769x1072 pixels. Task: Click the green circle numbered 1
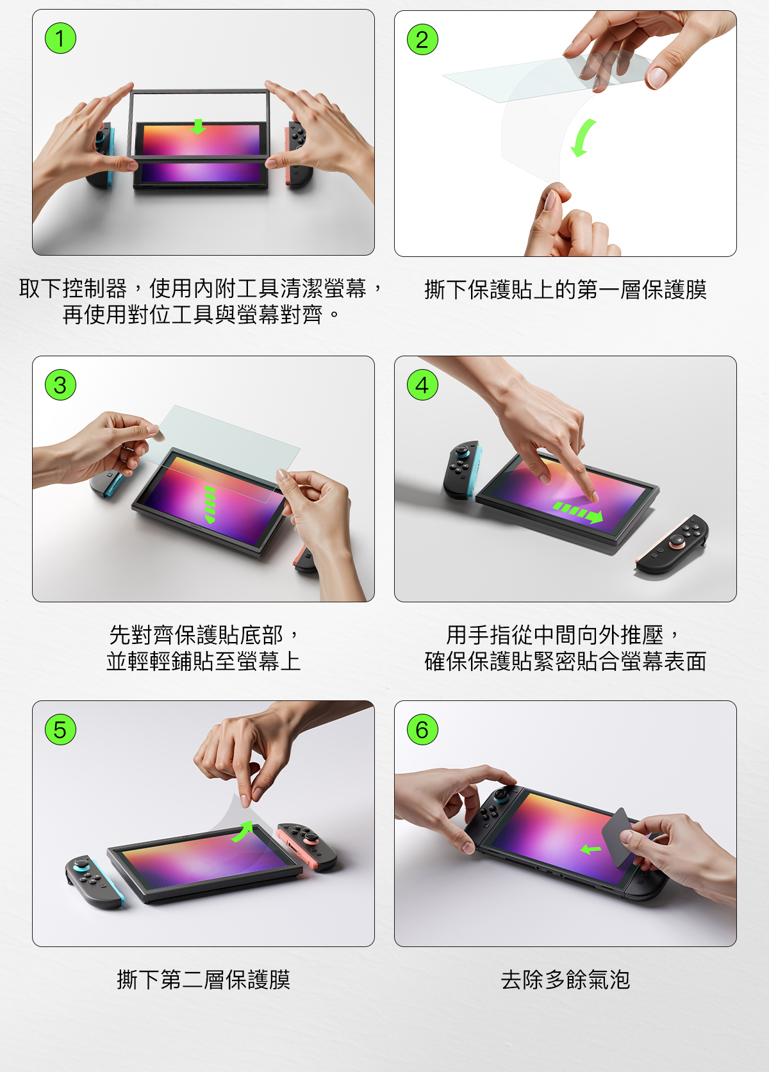coord(60,38)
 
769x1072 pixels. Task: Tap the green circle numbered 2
coord(422,39)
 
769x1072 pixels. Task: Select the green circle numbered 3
coord(60,384)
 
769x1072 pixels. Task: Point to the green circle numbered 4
coord(422,384)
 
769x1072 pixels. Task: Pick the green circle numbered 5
coord(60,730)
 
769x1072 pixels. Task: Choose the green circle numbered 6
coord(422,730)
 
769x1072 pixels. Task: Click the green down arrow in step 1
coord(197,127)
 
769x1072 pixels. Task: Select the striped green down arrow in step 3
coord(210,504)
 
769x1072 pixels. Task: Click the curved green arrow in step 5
coord(244,831)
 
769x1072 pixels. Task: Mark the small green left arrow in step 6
coord(590,850)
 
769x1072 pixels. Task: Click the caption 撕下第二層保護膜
coord(203,980)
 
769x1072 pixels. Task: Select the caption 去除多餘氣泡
coord(565,980)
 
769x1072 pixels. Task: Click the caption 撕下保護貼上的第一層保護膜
coord(565,290)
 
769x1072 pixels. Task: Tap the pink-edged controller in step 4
coord(673,545)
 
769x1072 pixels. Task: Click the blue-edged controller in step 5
coord(94,881)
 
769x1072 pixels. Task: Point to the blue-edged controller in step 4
coord(462,470)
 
